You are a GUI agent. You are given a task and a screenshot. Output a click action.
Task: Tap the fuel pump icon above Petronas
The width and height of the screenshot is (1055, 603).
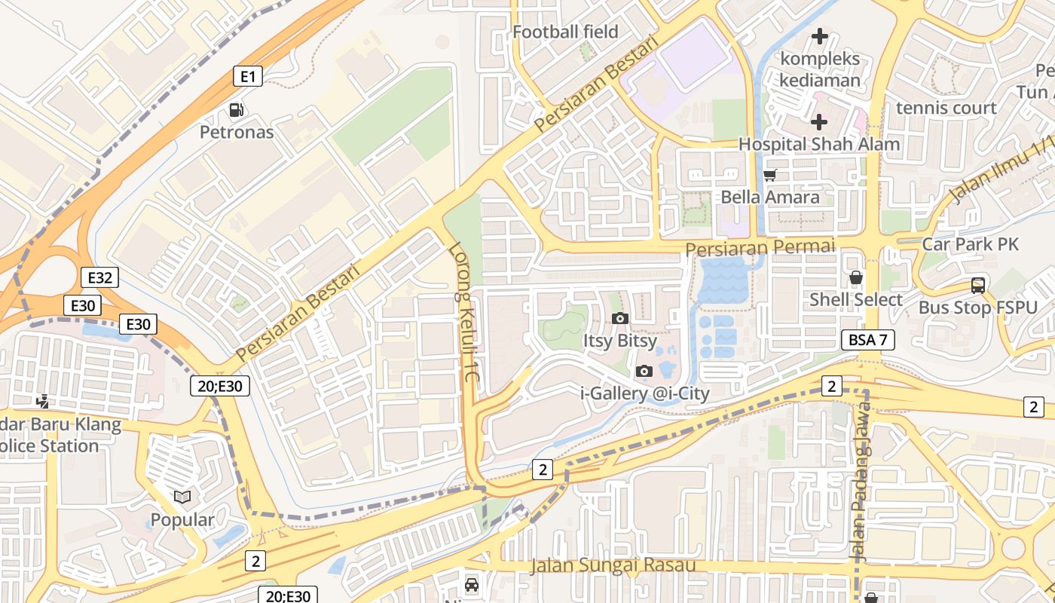pos(237,111)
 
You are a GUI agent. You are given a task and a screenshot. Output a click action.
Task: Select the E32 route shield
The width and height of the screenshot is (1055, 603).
pos(99,277)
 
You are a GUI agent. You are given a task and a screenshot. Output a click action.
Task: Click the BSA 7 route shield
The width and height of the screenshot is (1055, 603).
pos(867,339)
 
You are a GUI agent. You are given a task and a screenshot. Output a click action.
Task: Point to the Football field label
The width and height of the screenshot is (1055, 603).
pos(565,32)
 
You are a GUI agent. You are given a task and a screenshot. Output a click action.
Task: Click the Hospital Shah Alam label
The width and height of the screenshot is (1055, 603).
pos(818,144)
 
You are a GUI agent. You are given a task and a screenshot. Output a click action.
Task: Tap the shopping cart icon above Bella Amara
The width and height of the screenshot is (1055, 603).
pos(769,176)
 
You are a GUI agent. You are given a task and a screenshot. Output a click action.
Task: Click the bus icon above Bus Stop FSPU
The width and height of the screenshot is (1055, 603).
pos(977,286)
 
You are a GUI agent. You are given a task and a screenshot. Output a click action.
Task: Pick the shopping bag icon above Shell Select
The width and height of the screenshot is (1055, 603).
pos(856,277)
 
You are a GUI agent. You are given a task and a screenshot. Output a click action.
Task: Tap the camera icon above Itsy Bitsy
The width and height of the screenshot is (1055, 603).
pos(620,318)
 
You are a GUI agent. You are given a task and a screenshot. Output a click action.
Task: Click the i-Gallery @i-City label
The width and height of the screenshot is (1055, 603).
pos(644,393)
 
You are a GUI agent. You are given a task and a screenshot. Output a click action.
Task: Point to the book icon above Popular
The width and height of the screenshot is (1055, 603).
pos(182,497)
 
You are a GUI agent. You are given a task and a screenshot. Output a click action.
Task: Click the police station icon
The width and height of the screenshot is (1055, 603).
pos(44,402)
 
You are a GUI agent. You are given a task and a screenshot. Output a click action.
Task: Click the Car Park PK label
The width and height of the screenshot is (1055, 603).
pos(970,244)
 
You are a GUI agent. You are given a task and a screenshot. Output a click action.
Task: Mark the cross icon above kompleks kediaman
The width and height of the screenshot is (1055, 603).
pos(819,35)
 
